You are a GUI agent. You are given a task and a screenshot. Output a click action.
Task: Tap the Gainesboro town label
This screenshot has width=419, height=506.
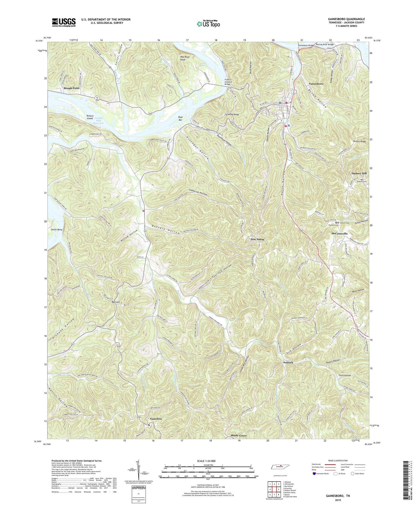316,84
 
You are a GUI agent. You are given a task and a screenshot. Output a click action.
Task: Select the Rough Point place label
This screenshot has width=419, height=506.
72,88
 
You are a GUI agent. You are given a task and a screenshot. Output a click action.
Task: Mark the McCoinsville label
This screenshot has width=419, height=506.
339,233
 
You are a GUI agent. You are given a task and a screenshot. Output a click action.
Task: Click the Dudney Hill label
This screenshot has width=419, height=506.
359,173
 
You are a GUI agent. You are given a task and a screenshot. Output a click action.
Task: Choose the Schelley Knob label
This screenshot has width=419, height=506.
232,115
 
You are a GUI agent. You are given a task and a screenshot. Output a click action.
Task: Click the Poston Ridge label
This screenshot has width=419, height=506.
357,142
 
